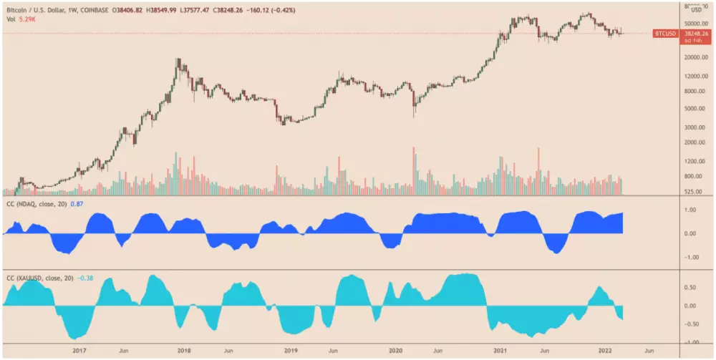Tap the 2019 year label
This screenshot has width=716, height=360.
point(291,351)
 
